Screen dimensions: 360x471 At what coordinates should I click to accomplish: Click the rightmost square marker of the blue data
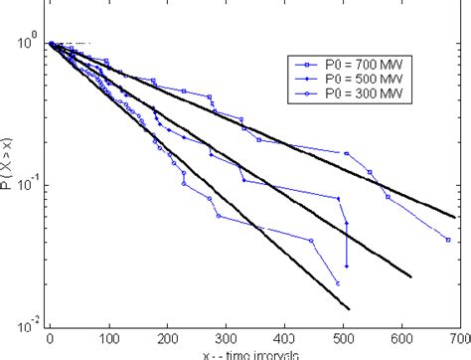point(448,240)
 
